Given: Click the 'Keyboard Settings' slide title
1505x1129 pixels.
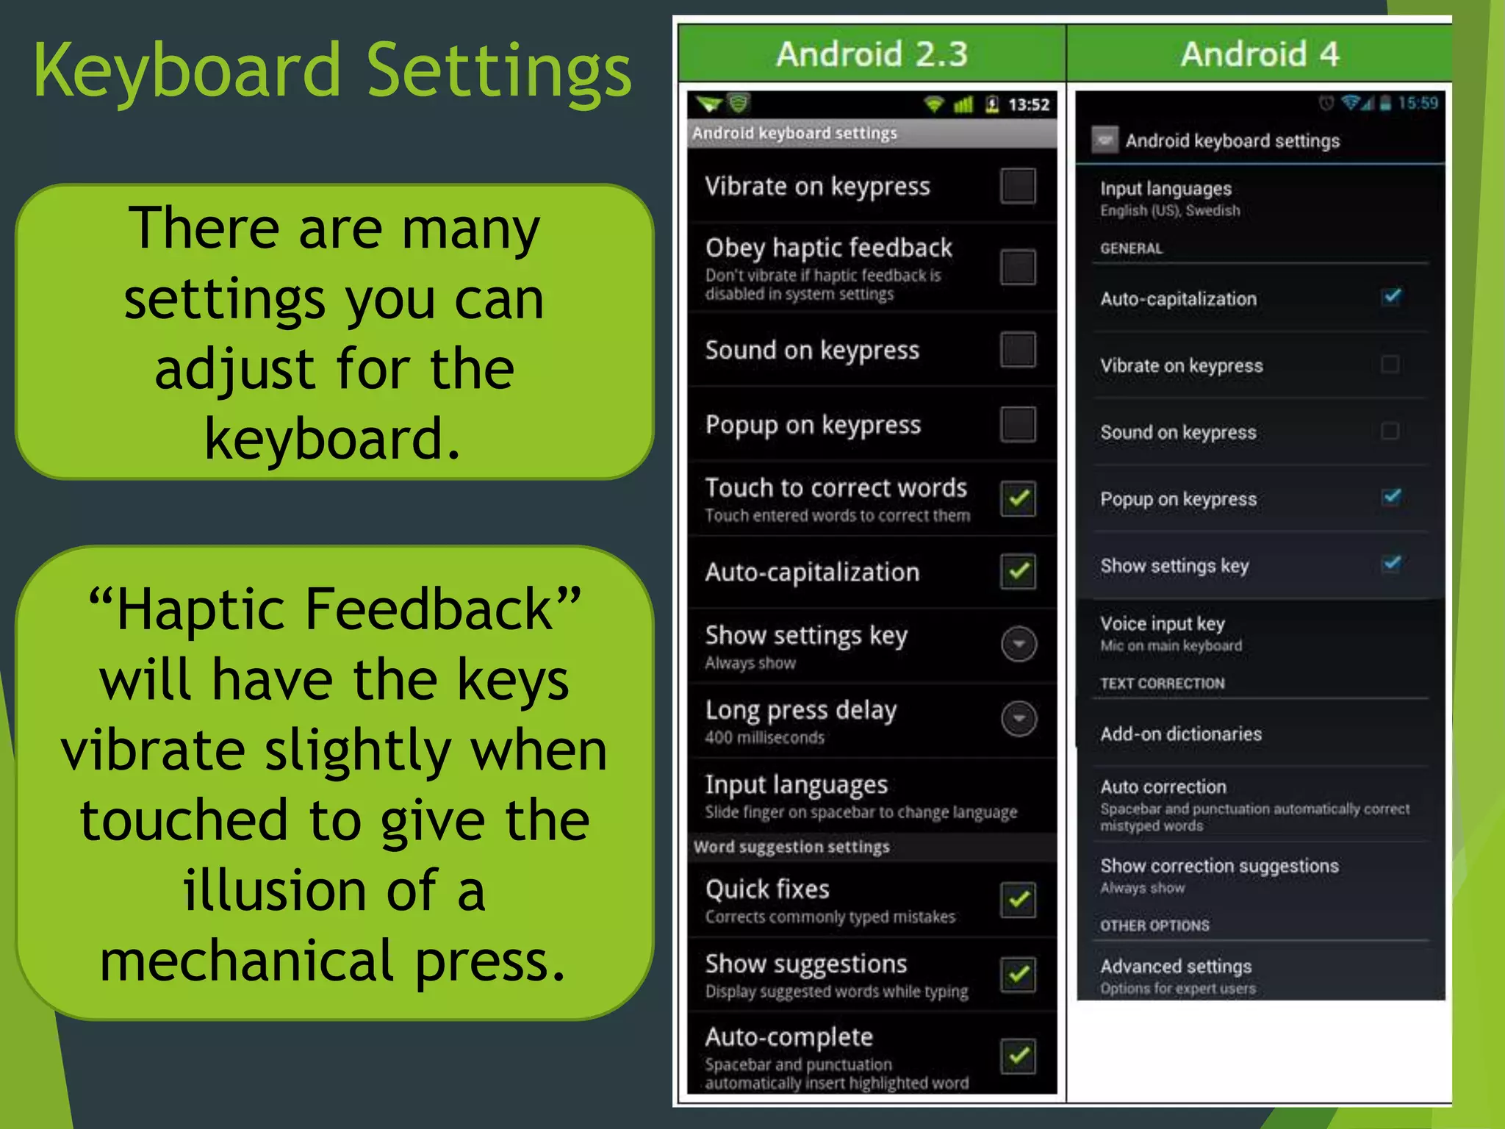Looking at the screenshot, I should click(332, 71).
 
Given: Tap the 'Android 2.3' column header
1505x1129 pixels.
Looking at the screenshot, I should click(872, 54).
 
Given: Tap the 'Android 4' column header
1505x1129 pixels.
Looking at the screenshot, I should click(1260, 54).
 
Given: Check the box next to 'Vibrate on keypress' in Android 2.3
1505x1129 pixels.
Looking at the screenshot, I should click(1018, 186).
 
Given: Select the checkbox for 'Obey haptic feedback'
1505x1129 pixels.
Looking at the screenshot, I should click(1018, 267).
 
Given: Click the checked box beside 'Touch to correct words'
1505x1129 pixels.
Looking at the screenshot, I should click(1019, 499).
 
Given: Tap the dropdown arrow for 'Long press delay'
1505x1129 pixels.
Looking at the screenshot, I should click(1019, 718).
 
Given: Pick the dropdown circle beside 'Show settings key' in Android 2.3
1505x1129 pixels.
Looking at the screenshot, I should click(1019, 644).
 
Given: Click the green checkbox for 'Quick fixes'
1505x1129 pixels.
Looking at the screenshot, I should click(1019, 900).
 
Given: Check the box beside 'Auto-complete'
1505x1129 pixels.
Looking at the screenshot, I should click(1019, 1056).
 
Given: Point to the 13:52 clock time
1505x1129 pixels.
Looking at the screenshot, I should click(1028, 105).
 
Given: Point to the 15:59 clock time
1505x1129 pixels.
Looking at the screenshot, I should click(1418, 103).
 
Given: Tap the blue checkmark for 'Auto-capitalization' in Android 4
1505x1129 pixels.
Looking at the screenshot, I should click(1391, 297).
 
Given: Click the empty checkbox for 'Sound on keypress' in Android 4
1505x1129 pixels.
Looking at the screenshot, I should click(1390, 431).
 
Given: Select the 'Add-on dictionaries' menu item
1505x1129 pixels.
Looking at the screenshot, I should click(1181, 734).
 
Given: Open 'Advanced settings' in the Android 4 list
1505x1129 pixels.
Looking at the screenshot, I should click(1176, 967).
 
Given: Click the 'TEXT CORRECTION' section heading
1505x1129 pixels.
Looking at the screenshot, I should click(1162, 684).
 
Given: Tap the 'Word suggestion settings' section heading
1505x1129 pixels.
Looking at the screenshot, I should click(791, 847).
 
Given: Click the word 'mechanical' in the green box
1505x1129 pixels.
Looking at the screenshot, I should click(248, 961).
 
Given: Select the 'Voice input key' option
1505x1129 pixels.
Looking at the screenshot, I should click(1162, 624).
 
